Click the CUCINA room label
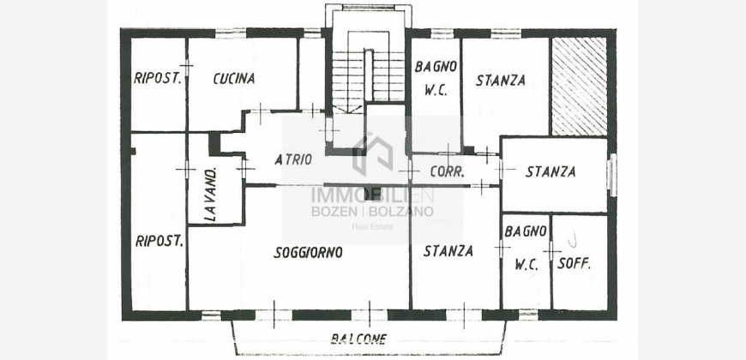pyautogui.click(x=234, y=79)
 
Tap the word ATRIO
pyautogui.click(x=293, y=159)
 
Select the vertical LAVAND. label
pyautogui.click(x=212, y=195)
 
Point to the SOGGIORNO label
pyautogui.click(x=308, y=253)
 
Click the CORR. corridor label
pyautogui.click(x=447, y=171)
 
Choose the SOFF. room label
pyautogui.click(x=574, y=263)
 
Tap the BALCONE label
pyautogui.click(x=358, y=339)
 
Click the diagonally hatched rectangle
pyautogui.click(x=579, y=86)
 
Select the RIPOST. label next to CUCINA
pyautogui.click(x=158, y=78)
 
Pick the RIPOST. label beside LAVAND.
pyautogui.click(x=159, y=241)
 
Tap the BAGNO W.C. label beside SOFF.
pyautogui.click(x=526, y=248)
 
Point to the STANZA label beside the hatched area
pyautogui.click(x=501, y=80)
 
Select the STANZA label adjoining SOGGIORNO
pyautogui.click(x=448, y=250)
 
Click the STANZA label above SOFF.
pyautogui.click(x=550, y=171)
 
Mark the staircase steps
pyautogui.click(x=368, y=76)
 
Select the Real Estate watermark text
pyautogui.click(x=372, y=227)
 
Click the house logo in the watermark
pyautogui.click(x=373, y=154)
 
